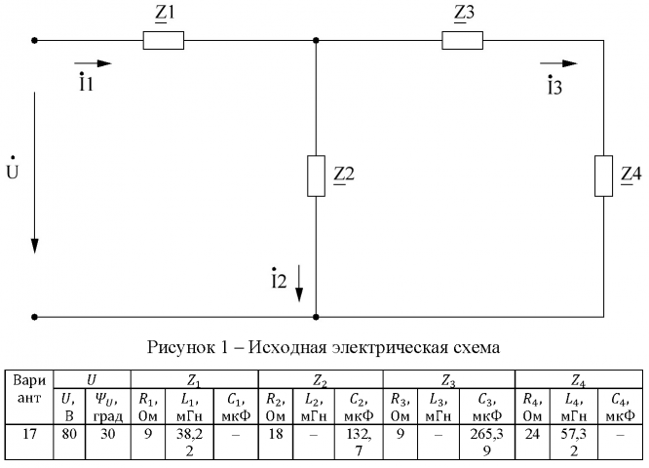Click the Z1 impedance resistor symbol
coord(164,41)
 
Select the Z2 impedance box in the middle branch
coord(316,175)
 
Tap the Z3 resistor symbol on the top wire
coord(463,41)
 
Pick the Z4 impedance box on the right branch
coord(604,175)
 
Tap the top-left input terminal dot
coord(35,41)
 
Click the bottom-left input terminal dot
coord(35,317)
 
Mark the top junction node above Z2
coord(316,41)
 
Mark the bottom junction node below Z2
coord(316,317)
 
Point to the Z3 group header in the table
coord(447,376)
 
